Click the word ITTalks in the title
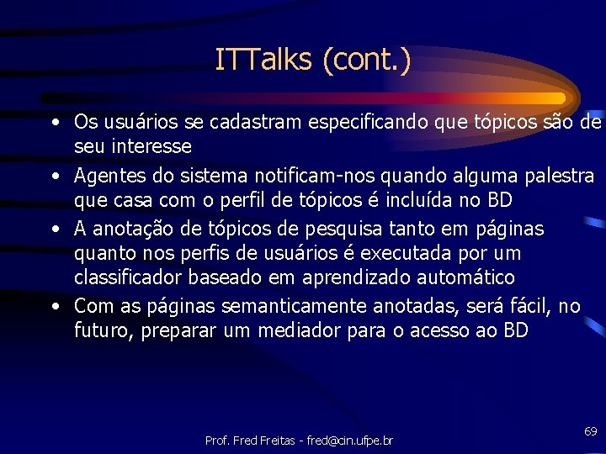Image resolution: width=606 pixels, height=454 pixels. coord(263,60)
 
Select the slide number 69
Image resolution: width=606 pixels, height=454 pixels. coord(590,430)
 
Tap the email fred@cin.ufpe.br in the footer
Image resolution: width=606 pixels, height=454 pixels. coord(350,441)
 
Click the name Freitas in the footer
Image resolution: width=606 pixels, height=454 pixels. coord(274,441)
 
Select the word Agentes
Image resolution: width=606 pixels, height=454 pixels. coord(104,177)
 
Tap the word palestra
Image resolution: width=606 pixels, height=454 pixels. coord(558,177)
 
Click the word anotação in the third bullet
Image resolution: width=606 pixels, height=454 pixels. coord(134,229)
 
